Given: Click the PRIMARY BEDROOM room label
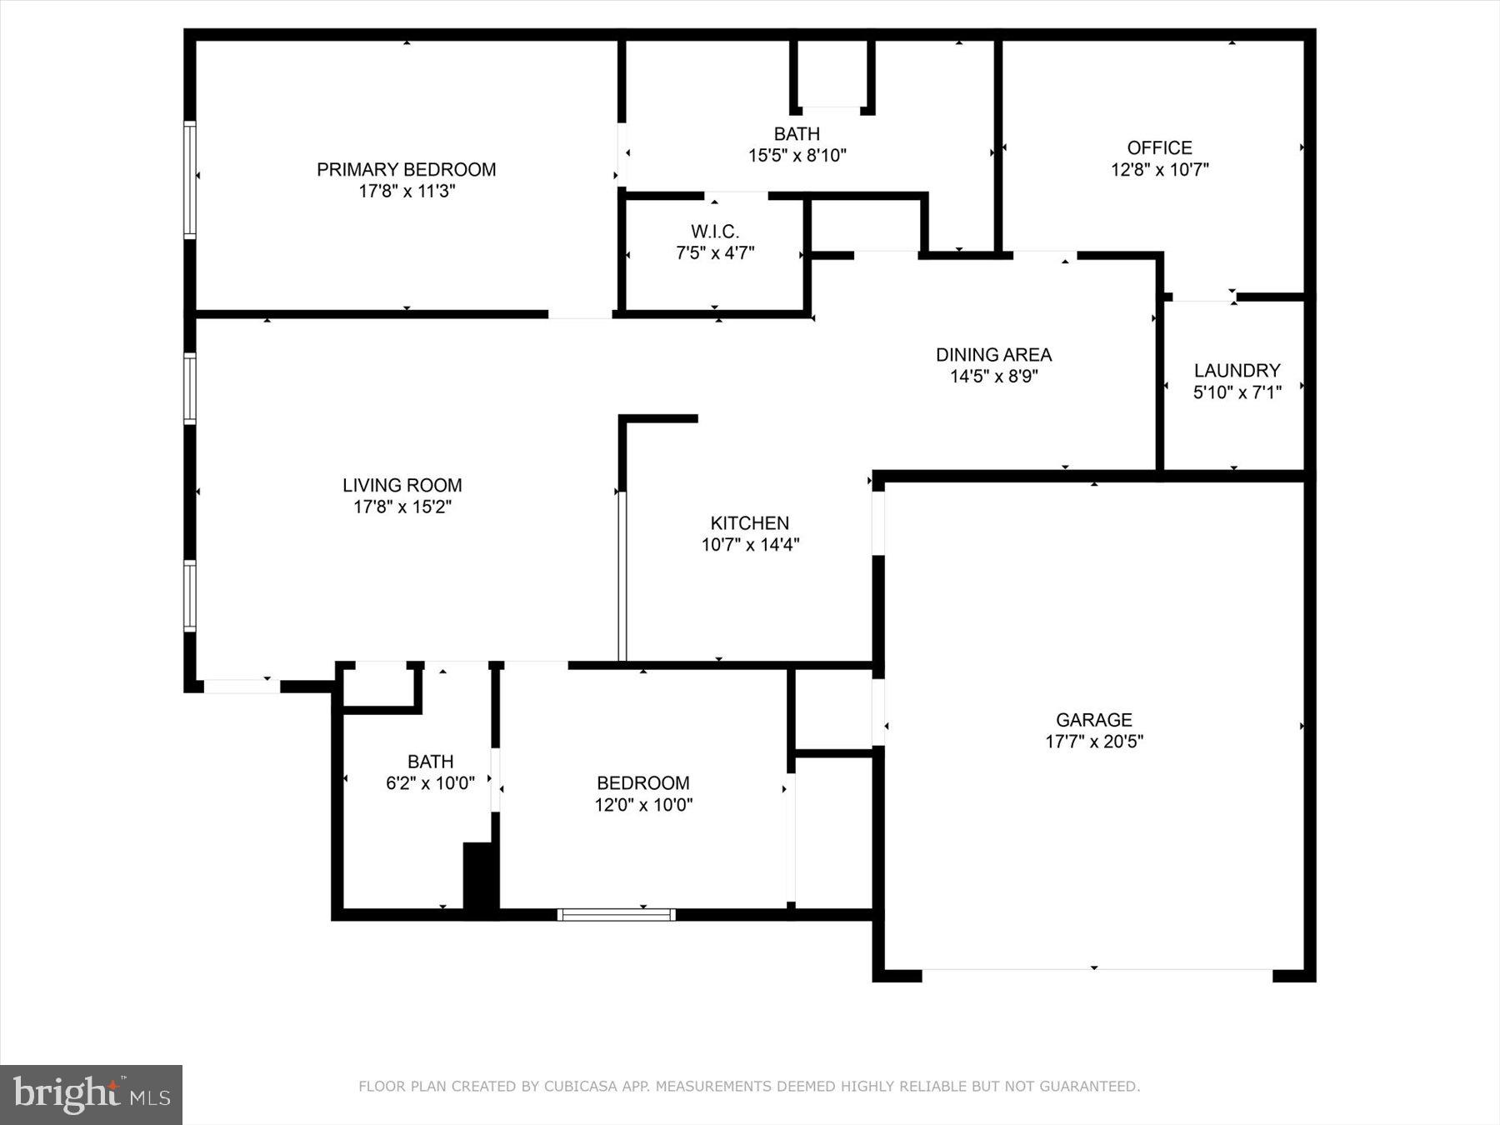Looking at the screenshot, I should coord(406,170).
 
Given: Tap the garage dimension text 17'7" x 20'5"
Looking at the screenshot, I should coord(1093,742).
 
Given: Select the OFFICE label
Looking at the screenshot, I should coord(1159,148).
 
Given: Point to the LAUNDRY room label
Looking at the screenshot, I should coord(1237,371).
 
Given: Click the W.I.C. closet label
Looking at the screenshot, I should coord(714,232).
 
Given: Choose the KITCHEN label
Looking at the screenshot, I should coord(749,523).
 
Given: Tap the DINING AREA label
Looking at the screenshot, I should coord(993,355).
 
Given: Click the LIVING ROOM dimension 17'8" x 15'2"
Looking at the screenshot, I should coord(402,507).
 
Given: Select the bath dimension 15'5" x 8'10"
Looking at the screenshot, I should coord(797,155).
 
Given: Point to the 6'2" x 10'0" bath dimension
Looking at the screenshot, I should coord(430,783).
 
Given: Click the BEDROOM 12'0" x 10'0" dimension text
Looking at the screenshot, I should coord(642,805).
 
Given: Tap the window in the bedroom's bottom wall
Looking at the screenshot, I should coord(616,915).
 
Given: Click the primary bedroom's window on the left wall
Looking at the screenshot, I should coord(190,179).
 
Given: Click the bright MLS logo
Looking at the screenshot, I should coord(91,1094).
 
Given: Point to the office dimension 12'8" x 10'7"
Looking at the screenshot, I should coord(1159,170).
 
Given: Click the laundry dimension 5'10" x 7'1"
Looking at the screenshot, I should coord(1237,392).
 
